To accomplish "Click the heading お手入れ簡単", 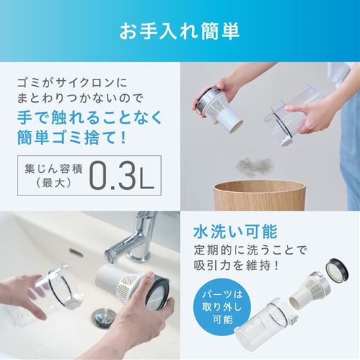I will (x=179, y=32).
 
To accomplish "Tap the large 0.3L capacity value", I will (x=120, y=178).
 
